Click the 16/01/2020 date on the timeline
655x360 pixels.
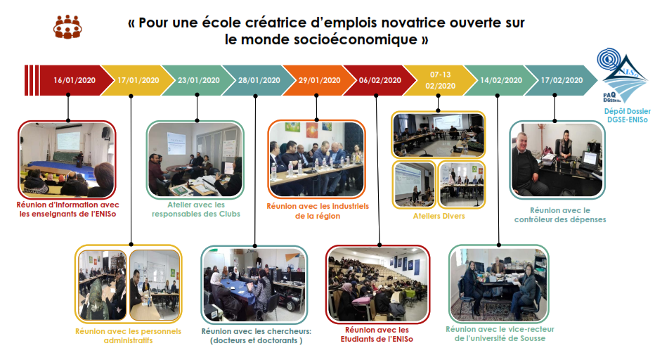coord(74,80)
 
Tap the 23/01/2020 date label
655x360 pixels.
coord(198,80)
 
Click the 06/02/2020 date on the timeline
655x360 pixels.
coord(380,80)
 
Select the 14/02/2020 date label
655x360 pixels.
coord(501,80)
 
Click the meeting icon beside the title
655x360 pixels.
coord(67,27)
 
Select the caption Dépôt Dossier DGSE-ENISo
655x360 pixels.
coord(627,115)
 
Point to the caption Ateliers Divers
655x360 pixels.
coord(439,216)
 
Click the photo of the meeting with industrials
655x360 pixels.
coord(317,159)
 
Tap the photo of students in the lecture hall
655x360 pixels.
coord(377,284)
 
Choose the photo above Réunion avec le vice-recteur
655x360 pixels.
coord(499,284)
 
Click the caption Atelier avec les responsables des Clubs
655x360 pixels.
coord(196,210)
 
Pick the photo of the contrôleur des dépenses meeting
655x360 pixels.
coord(557,160)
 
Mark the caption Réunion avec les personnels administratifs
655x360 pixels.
coord(128,336)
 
